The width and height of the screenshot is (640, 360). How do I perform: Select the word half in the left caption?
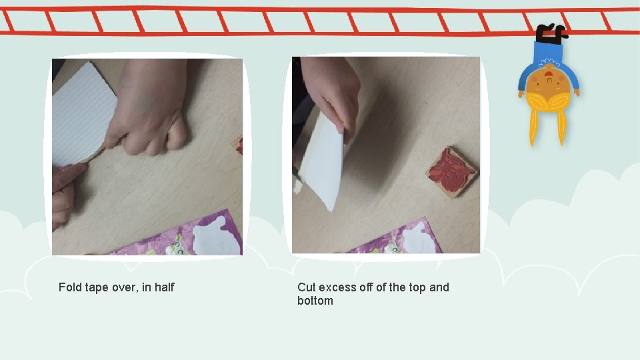(x=165, y=287)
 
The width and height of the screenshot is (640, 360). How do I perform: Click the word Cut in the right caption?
(x=307, y=287)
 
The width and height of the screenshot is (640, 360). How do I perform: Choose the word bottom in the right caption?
(x=315, y=301)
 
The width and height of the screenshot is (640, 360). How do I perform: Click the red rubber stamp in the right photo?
(x=452, y=172)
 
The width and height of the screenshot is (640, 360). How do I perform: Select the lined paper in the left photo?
(x=82, y=114)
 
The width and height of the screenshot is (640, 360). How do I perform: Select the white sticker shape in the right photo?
(x=420, y=239)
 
